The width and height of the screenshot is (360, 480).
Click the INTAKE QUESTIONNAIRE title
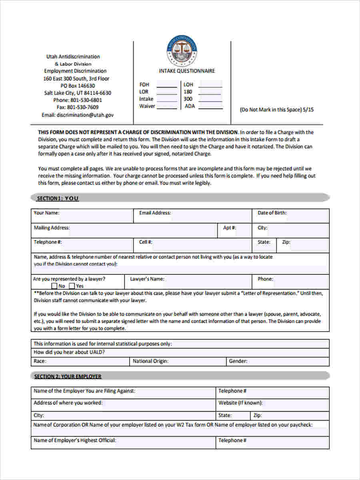(187, 71)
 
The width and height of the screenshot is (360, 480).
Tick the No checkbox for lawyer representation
(54, 286)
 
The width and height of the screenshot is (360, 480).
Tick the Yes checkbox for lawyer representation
(72, 286)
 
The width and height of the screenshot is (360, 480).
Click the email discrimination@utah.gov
(78, 115)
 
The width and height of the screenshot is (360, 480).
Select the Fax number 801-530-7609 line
(78, 107)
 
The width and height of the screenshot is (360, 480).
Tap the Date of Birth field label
(272, 213)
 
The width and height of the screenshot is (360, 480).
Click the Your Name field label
(46, 213)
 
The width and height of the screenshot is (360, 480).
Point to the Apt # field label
(229, 228)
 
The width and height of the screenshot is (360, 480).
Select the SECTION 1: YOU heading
(58, 198)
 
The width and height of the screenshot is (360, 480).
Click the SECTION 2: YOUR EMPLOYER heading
(68, 376)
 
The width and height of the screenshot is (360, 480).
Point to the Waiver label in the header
(147, 106)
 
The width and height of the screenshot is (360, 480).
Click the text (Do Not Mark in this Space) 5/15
(276, 110)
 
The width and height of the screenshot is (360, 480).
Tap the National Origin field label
(150, 361)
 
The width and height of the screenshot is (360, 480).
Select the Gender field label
(238, 361)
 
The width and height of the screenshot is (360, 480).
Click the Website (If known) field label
(240, 403)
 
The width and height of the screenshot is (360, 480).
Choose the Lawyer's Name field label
(147, 279)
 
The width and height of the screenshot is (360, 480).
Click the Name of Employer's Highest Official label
(75, 440)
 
